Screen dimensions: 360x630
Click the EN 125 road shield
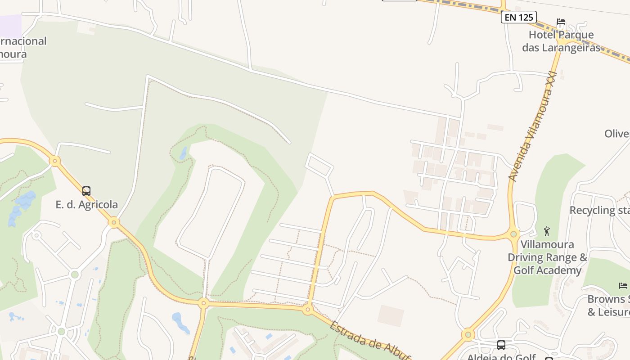click(519, 18)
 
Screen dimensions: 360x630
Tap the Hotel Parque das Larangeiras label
click(561, 41)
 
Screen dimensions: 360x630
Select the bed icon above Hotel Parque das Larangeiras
click(561, 22)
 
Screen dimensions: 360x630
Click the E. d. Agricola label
click(86, 204)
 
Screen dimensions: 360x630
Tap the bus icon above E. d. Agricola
click(86, 191)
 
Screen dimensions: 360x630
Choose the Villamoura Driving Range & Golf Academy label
click(548, 257)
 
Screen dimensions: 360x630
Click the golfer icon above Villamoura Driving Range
click(547, 231)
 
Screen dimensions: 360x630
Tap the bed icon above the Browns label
click(623, 285)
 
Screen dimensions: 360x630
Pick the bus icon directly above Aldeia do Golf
click(501, 345)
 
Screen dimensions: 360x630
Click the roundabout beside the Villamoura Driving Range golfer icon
click(513, 234)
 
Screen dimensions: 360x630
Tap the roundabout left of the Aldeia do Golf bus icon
click(468, 334)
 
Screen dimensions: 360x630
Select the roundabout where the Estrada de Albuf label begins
click(308, 310)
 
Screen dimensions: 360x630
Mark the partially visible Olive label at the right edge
click(616, 134)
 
